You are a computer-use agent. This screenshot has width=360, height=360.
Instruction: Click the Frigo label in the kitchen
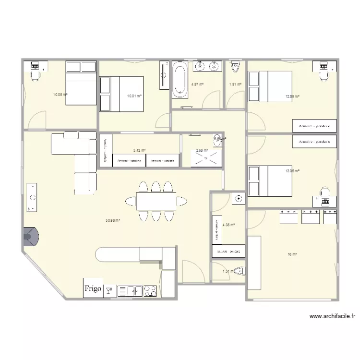pos(93,288)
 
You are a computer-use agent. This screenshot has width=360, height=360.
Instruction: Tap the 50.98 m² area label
pos(112,221)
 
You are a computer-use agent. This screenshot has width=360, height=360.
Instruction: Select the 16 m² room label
pos(292,254)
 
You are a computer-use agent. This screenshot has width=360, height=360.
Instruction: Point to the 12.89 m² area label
pos(292,96)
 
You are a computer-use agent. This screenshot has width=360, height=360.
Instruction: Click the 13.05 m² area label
pos(292,171)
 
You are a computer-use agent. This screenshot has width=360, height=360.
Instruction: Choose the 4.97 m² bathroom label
pos(197,84)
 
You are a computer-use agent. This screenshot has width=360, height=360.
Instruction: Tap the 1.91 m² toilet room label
pos(235,84)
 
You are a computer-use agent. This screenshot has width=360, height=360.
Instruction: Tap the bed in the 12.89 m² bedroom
pos(269,86)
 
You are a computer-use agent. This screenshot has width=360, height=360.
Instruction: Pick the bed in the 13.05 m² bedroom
pos(269,180)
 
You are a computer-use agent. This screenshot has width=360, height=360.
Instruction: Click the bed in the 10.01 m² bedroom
pos(120,94)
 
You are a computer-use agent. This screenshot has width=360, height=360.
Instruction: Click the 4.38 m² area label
pos(228,224)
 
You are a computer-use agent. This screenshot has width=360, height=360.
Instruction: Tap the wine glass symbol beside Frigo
pos(109,290)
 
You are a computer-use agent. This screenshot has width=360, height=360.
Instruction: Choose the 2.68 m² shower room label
pos(202,150)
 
